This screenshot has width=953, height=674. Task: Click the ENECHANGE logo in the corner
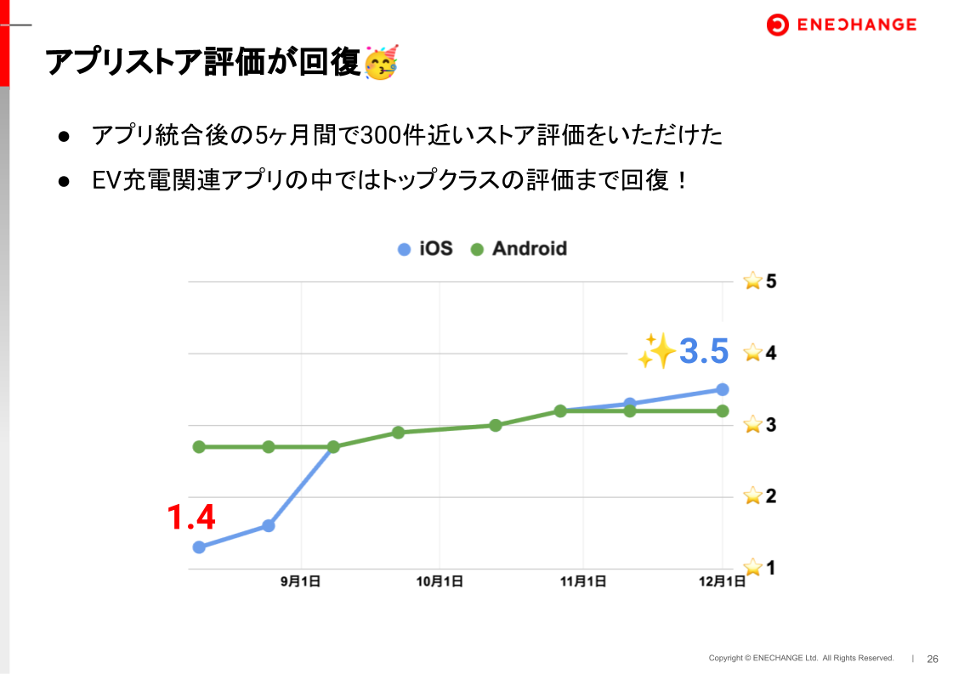pyautogui.click(x=841, y=25)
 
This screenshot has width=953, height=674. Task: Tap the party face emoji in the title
pyautogui.click(x=381, y=64)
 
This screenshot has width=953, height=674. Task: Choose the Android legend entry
pyautogui.click(x=519, y=249)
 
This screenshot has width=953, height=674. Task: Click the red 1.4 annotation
pyautogui.click(x=190, y=517)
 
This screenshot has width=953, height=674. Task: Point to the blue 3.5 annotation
pyautogui.click(x=704, y=352)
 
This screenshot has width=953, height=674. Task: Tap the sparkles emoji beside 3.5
pyautogui.click(x=655, y=351)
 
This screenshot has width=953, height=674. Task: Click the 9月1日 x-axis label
pyautogui.click(x=301, y=582)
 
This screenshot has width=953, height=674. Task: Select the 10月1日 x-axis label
pyautogui.click(x=440, y=582)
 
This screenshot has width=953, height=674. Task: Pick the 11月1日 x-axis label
pyautogui.click(x=583, y=582)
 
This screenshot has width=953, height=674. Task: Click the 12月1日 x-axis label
pyautogui.click(x=723, y=582)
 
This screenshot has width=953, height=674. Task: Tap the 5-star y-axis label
pyautogui.click(x=760, y=280)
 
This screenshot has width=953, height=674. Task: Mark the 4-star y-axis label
pyautogui.click(x=760, y=352)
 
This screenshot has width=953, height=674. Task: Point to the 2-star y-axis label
pyautogui.click(x=760, y=496)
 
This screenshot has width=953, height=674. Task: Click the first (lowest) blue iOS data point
pyautogui.click(x=199, y=547)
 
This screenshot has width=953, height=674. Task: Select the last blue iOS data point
pyautogui.click(x=723, y=389)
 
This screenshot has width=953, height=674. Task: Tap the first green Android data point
pyautogui.click(x=199, y=447)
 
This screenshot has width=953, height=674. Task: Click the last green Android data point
pyautogui.click(x=723, y=411)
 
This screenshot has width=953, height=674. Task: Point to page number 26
pyautogui.click(x=933, y=659)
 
